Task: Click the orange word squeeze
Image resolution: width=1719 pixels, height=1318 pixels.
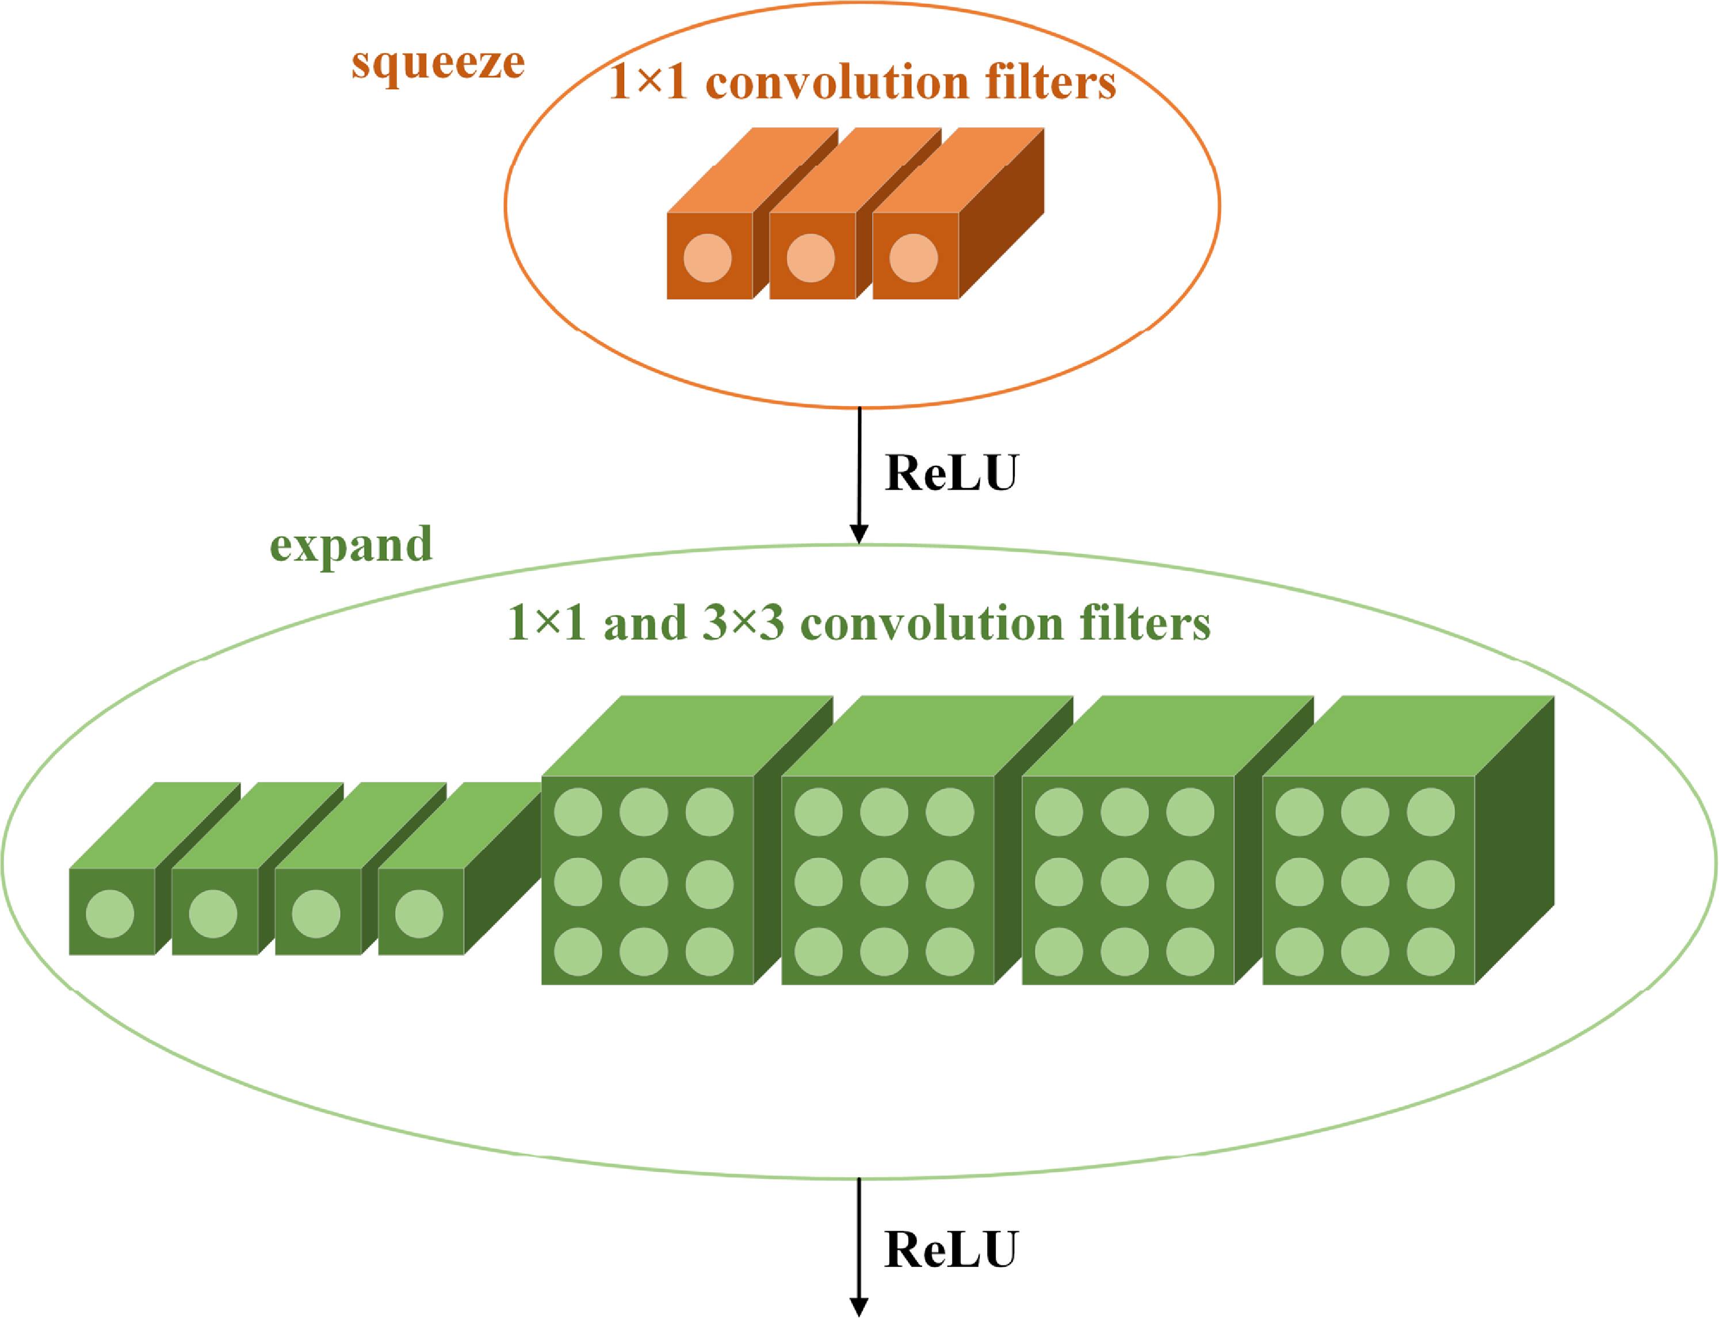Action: point(438,64)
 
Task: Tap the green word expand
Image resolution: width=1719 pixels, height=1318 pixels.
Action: point(351,544)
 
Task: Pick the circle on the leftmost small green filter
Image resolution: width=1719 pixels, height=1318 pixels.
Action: point(110,914)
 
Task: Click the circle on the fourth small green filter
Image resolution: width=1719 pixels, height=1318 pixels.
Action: point(419,914)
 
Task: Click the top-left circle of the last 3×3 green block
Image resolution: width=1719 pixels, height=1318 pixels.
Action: point(1299,812)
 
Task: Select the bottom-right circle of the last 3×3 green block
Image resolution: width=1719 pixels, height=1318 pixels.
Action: point(1430,952)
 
